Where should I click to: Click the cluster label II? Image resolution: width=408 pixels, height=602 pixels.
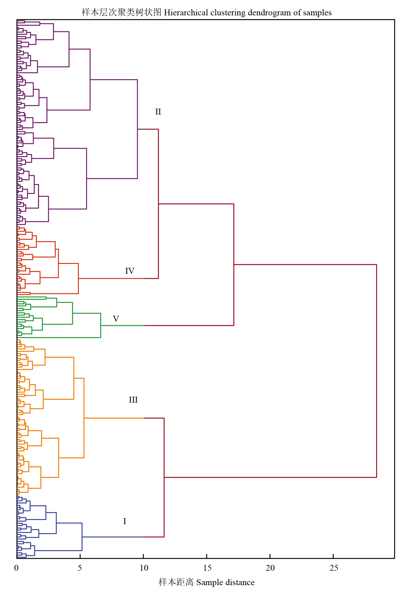[x=158, y=112]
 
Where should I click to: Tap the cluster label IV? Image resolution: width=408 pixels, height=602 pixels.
[x=130, y=271]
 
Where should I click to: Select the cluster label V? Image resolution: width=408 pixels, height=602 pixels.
[x=116, y=319]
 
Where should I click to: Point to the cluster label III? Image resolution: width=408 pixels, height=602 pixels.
[x=133, y=400]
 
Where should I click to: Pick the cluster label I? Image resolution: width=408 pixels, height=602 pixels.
[x=124, y=521]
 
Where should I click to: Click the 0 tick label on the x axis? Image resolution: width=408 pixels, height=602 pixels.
[x=17, y=568]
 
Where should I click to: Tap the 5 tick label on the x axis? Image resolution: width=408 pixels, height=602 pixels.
[x=80, y=568]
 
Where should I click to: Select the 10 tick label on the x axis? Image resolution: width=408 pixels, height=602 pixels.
[x=144, y=568]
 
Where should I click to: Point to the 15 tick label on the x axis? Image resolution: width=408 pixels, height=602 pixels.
[x=207, y=568]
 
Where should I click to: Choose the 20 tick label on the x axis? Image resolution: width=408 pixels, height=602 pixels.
[x=270, y=568]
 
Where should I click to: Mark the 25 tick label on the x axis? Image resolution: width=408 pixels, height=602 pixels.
[x=334, y=568]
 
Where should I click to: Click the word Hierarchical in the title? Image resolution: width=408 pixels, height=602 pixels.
[x=186, y=13]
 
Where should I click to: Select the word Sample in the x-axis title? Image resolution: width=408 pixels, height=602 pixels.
[x=210, y=582]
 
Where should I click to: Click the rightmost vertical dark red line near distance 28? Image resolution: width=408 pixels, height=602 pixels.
[x=376, y=368]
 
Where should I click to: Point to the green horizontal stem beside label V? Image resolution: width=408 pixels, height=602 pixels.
[x=123, y=326]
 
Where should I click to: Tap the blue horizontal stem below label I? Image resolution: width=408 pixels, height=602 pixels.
[x=113, y=537]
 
